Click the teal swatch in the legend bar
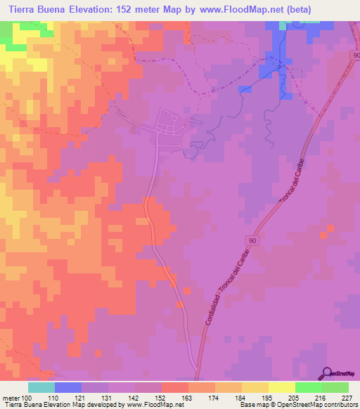pos(41,387)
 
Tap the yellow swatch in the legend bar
pos(281,387)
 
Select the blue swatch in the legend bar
pos(67,387)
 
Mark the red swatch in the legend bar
pos(174,387)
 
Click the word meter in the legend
pos(10,398)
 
